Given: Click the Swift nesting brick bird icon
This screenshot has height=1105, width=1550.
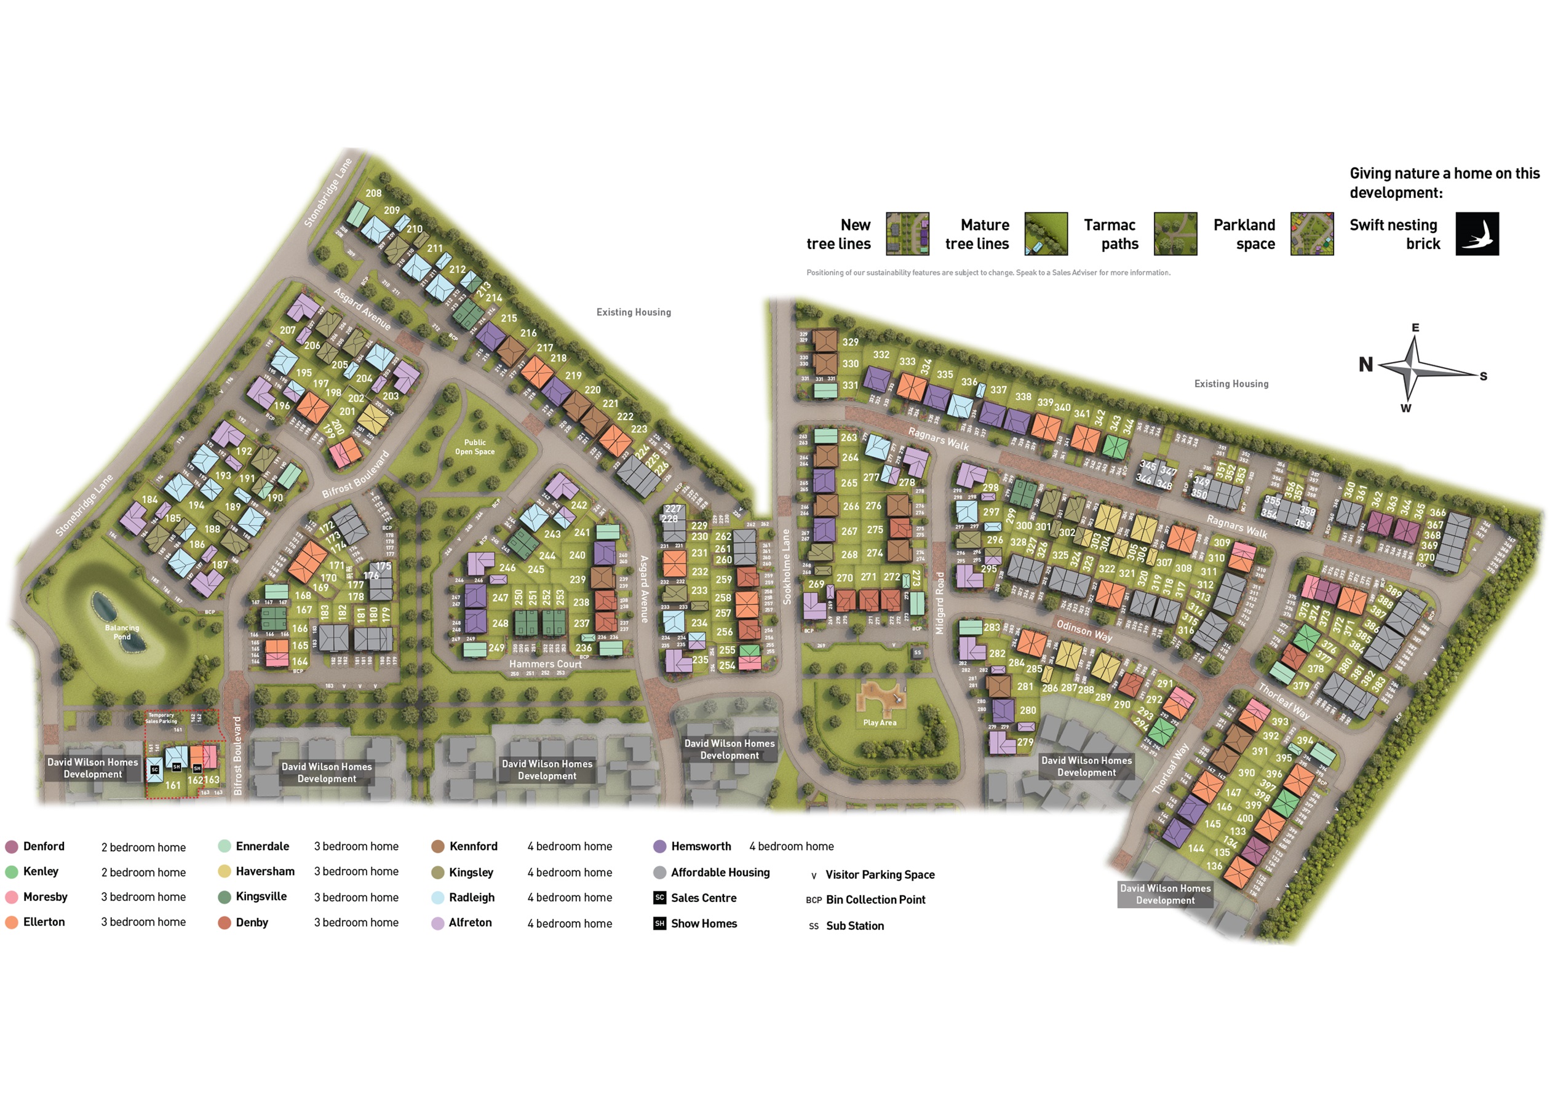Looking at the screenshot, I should point(1477,234).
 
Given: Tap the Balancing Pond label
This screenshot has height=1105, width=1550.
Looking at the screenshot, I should point(122,632).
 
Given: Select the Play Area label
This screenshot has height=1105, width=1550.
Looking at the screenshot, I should point(879,723).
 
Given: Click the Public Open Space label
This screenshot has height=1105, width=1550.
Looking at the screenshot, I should point(475,447).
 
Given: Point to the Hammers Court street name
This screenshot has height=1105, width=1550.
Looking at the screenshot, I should point(545,664).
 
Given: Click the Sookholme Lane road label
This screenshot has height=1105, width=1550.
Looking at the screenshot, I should point(787,567).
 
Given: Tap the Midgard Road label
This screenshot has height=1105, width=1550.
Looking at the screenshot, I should point(940,603).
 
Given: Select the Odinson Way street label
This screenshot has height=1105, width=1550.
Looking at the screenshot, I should point(1084,630).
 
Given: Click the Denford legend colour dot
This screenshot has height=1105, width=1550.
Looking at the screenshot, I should point(12,847).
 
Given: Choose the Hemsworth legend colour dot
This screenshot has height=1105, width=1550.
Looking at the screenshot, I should point(659,847).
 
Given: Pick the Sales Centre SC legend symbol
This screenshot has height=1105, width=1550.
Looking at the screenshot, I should point(659,898).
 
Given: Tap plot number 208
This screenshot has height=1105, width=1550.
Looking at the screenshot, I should point(373,193).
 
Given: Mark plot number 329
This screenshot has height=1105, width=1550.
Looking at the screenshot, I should point(850,343).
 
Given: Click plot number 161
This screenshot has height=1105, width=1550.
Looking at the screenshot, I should point(173,785).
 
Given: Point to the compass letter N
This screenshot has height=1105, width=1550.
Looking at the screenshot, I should point(1365,365).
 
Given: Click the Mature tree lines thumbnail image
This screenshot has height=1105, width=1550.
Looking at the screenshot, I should point(1045,234).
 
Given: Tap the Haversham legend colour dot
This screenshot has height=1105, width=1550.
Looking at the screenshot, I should point(225,871).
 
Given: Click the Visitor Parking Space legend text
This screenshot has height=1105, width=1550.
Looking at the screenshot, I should point(880,875).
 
